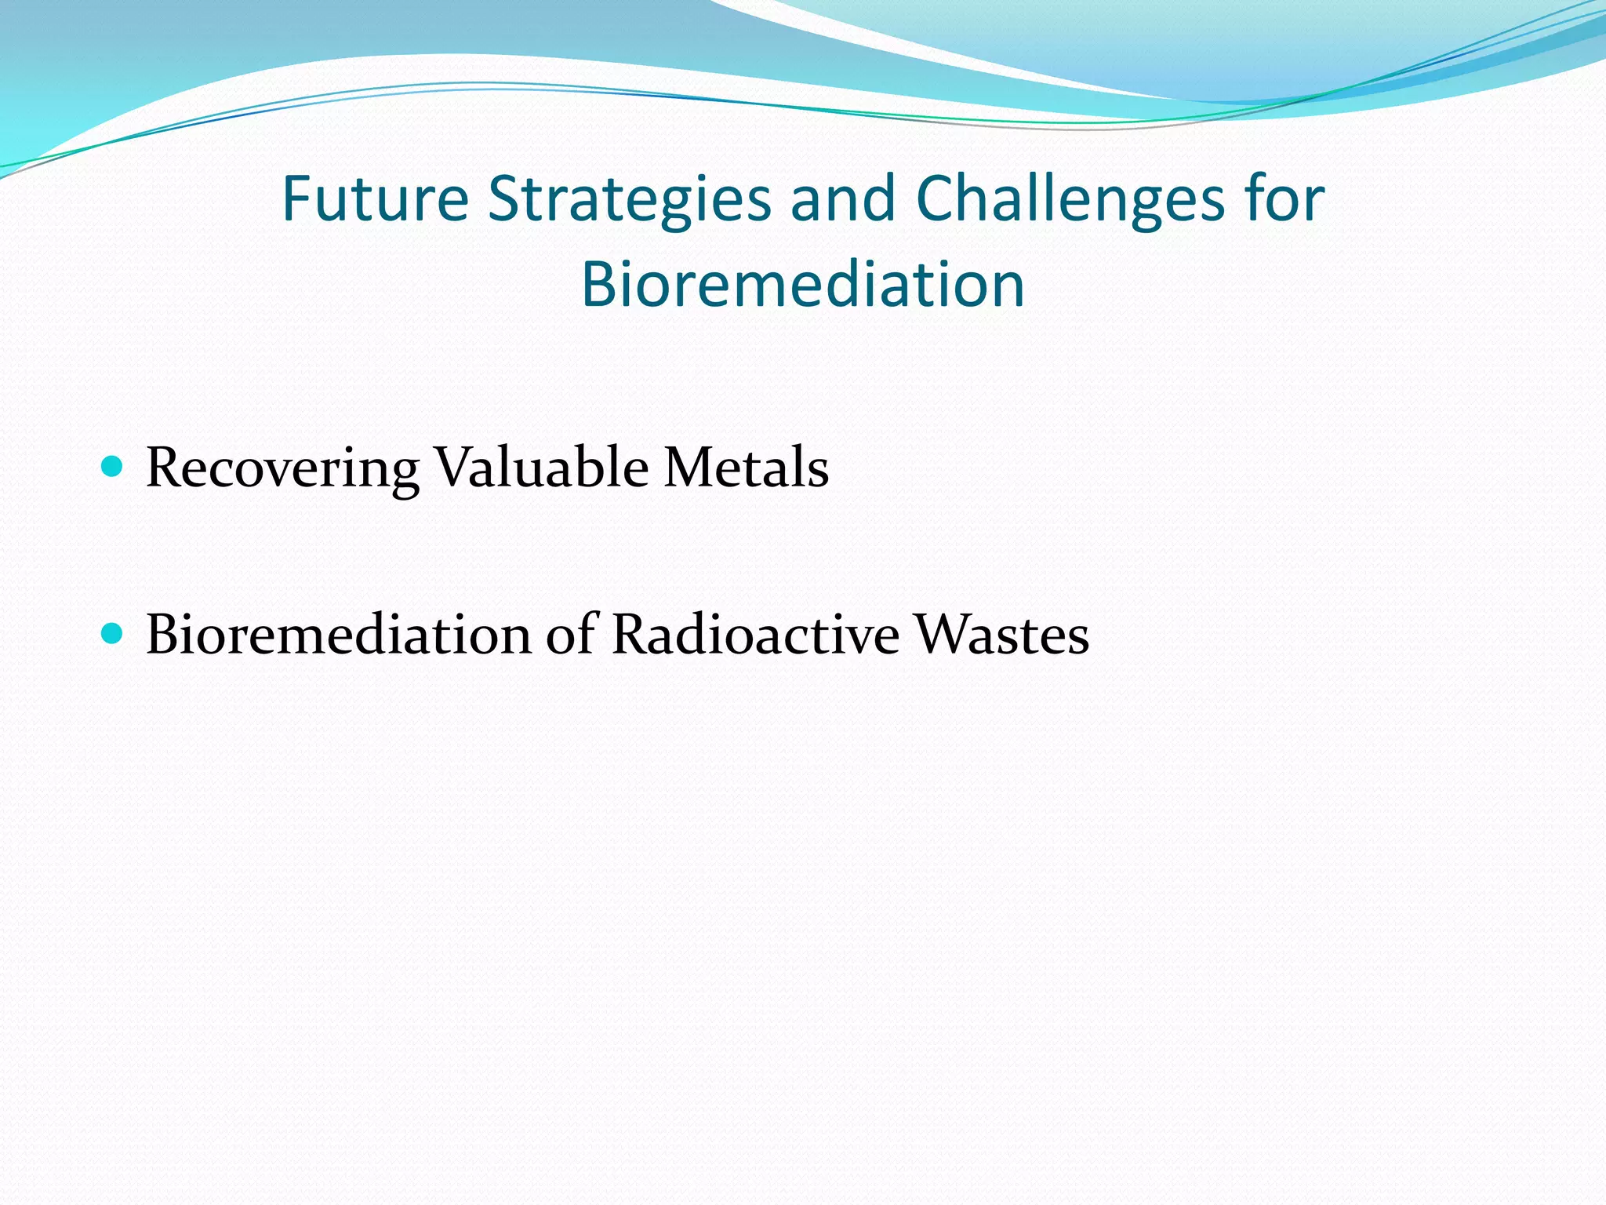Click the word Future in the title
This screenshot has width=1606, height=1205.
pyautogui.click(x=375, y=199)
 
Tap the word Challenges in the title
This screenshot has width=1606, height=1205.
pyautogui.click(x=1070, y=199)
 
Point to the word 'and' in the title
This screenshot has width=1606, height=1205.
pyautogui.click(x=843, y=199)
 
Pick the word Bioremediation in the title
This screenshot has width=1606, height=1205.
pyautogui.click(x=803, y=284)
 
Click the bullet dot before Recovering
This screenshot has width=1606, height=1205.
pyautogui.click(x=113, y=467)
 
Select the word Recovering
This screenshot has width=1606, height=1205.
pyautogui.click(x=282, y=468)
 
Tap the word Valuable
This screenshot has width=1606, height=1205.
pyautogui.click(x=541, y=468)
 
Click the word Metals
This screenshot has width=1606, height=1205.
pyautogui.click(x=746, y=468)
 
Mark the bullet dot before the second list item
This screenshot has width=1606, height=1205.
pyautogui.click(x=113, y=633)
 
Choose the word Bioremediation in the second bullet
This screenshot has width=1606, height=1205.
pyautogui.click(x=339, y=635)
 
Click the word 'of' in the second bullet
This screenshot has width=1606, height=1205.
pyautogui.click(x=572, y=635)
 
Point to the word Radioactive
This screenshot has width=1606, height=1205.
pyautogui.click(x=755, y=635)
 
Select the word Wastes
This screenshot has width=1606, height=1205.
pyautogui.click(x=1001, y=635)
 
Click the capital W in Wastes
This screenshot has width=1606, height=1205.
pyautogui.click(x=943, y=635)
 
